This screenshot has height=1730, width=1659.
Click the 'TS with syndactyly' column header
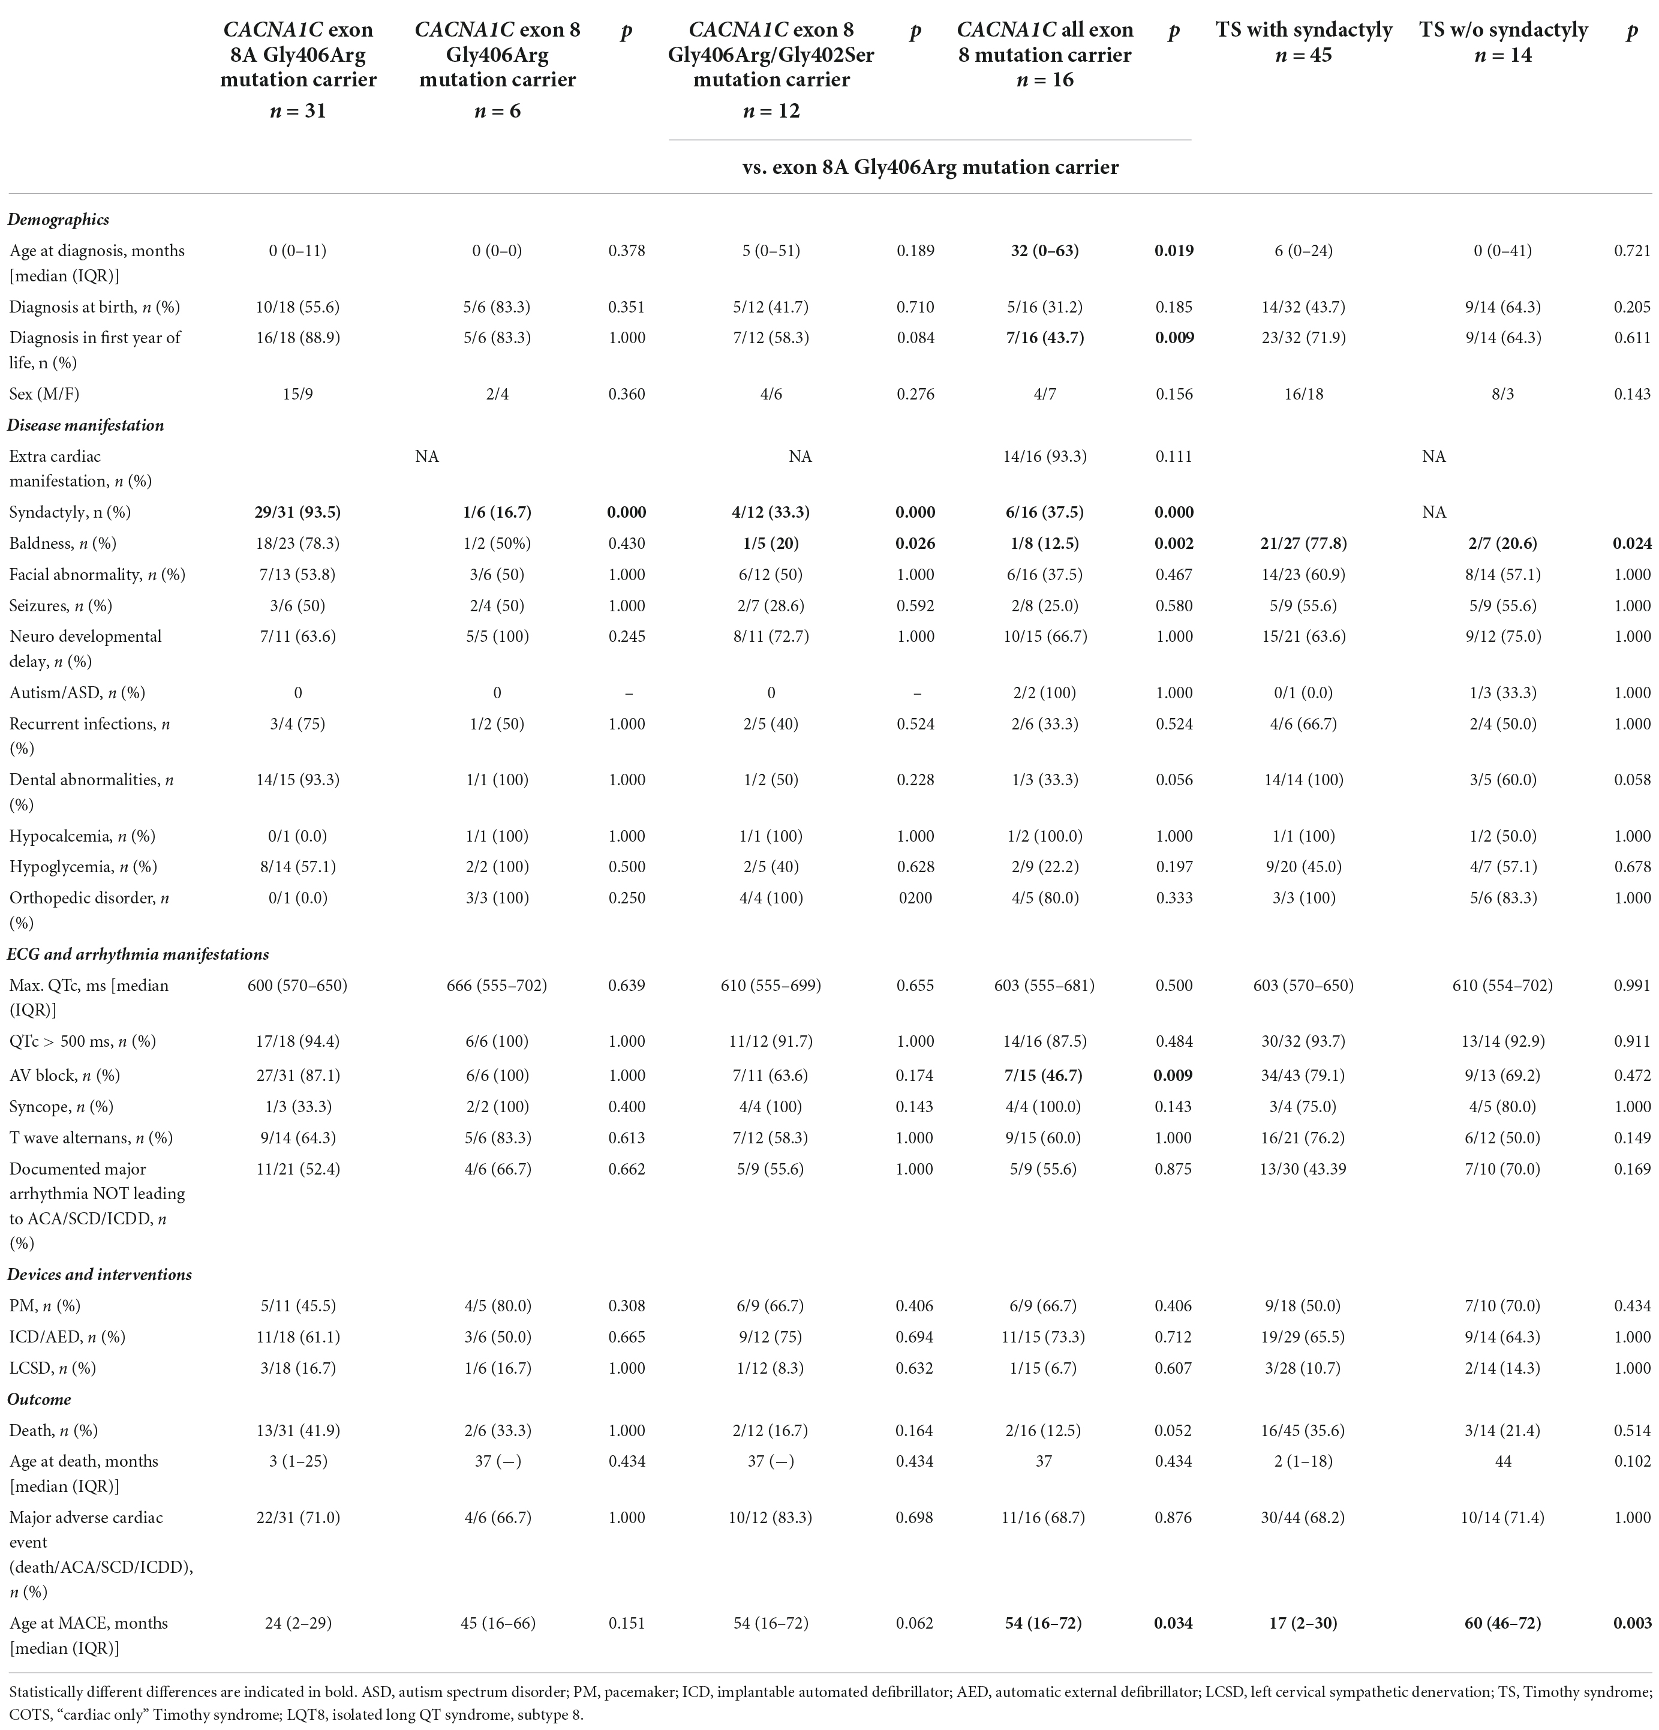(x=1303, y=30)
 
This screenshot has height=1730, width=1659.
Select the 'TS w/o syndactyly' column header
(x=1503, y=30)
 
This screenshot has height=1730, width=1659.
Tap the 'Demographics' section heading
(x=58, y=220)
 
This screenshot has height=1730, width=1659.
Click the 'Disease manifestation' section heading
(x=86, y=425)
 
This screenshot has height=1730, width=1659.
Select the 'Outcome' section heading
(x=39, y=1399)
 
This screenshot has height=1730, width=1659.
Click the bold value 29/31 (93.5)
(x=297, y=512)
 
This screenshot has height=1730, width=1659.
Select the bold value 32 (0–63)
(x=1044, y=251)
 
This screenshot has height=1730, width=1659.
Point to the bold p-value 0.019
(x=1174, y=251)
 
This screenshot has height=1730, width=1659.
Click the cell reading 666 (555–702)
(x=497, y=985)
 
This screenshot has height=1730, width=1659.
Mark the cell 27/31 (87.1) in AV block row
(x=297, y=1075)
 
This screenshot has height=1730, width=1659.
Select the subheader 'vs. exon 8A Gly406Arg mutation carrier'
(x=930, y=167)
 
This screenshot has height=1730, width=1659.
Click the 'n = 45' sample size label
(x=1303, y=56)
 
